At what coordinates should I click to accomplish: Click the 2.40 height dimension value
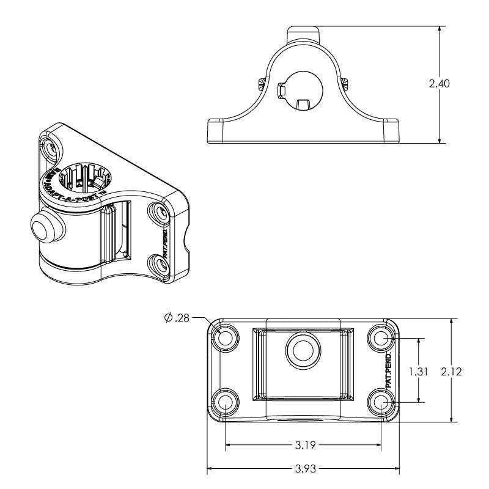pos(439,84)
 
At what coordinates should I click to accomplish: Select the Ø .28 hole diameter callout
pos(177,317)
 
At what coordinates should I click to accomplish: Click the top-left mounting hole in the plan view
pos(226,337)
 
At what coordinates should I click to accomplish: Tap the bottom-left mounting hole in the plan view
pos(226,402)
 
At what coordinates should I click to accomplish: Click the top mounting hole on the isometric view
pos(51,147)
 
